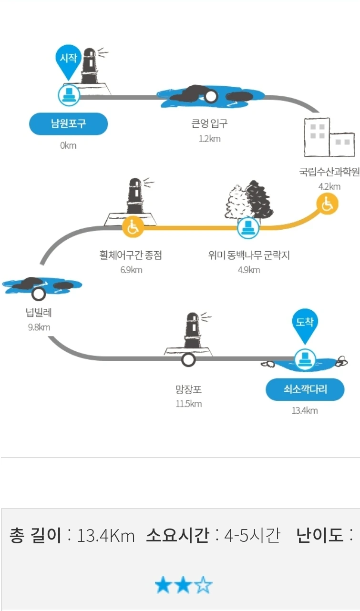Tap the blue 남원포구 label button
(68, 124)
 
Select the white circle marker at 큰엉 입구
(211, 97)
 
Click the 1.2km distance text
(210, 139)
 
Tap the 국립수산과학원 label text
(329, 172)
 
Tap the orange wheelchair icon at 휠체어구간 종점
(133, 227)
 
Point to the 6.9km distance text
(131, 270)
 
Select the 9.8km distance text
(39, 327)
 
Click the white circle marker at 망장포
(189, 359)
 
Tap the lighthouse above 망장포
(192, 333)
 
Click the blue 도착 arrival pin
(305, 325)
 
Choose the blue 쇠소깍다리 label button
(305, 390)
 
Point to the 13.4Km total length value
(106, 536)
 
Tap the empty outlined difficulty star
(204, 585)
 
